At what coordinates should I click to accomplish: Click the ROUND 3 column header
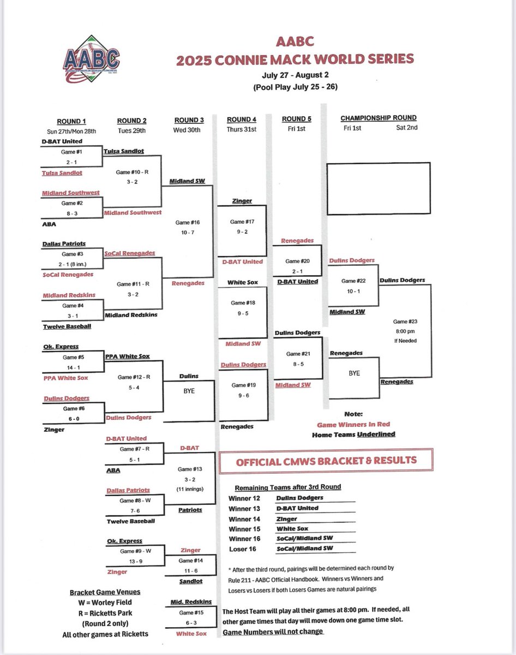189,120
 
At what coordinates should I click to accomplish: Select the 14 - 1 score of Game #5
71,367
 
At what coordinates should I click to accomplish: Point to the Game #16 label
188,223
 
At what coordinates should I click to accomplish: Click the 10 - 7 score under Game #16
188,233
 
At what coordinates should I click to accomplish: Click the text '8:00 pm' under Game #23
404,331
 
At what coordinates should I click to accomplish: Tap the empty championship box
379,187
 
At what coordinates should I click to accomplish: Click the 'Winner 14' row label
244,519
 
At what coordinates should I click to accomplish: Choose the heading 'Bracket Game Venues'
105,592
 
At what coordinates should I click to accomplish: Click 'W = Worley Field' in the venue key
105,603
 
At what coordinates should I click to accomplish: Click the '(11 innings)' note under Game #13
188,490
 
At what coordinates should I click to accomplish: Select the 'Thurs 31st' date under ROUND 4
242,129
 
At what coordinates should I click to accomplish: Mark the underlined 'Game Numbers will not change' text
273,632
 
